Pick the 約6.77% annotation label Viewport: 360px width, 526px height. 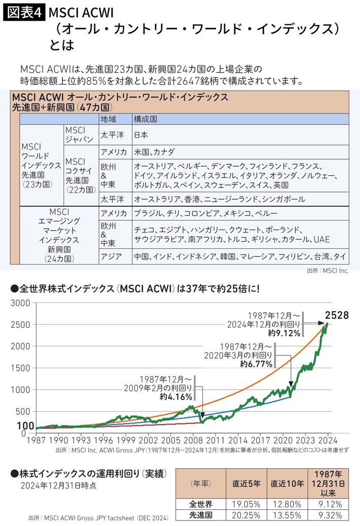click(256, 364)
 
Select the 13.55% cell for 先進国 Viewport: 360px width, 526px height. click(286, 515)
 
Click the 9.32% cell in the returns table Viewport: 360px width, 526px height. click(330, 515)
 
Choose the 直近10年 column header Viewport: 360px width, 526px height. click(286, 483)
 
